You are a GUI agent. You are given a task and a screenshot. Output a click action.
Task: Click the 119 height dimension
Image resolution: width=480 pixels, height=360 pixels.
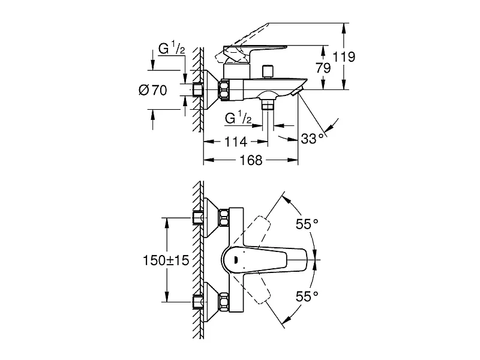(x=344, y=57)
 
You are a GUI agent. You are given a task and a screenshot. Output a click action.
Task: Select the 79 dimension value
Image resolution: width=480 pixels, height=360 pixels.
(x=323, y=68)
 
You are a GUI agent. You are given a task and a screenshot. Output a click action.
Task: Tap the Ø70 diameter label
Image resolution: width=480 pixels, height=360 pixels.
(x=153, y=91)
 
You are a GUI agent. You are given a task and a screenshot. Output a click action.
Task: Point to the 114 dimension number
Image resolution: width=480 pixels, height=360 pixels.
(x=236, y=142)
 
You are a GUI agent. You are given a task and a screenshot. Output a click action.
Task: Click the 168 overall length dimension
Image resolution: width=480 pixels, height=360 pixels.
(x=251, y=160)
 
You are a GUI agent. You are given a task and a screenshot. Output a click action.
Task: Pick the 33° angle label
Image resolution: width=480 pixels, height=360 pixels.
(x=312, y=139)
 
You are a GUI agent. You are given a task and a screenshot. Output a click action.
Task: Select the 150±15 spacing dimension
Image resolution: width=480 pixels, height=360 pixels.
(x=166, y=260)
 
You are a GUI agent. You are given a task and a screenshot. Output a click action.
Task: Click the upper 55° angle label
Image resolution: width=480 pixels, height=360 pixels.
(x=307, y=224)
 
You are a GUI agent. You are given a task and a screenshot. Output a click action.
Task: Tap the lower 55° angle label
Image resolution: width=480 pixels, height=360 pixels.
(x=307, y=296)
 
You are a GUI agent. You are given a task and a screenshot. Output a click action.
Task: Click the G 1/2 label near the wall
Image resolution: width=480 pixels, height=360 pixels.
(x=172, y=49)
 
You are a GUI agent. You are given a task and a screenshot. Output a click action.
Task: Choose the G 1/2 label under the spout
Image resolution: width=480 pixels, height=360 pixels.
(x=238, y=118)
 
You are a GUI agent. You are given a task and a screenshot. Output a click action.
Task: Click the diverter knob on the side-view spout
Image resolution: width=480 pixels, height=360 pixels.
(x=268, y=72)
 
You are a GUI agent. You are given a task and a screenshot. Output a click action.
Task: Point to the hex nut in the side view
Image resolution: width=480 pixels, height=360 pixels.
(x=224, y=89)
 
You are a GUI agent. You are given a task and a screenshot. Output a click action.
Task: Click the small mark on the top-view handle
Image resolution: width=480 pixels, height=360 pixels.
(x=236, y=260)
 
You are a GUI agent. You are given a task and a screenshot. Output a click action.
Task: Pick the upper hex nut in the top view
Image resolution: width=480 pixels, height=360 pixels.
(x=224, y=218)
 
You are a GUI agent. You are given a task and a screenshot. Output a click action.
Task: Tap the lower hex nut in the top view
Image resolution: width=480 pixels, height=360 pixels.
(x=224, y=302)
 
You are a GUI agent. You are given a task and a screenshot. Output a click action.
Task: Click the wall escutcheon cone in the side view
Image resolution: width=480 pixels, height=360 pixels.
(x=211, y=89)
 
